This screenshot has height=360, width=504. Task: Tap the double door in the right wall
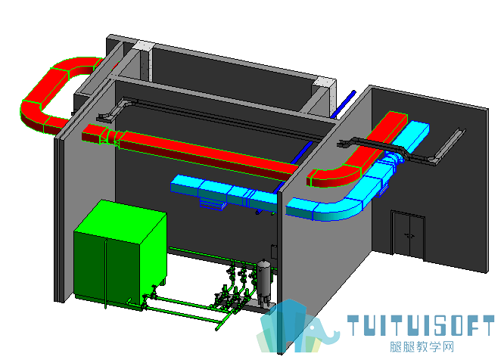(x=408, y=235)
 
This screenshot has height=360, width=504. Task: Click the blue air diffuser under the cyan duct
(x=211, y=203)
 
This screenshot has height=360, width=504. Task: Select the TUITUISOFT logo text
(x=421, y=325)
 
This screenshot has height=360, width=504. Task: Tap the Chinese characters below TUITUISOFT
(x=422, y=347)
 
